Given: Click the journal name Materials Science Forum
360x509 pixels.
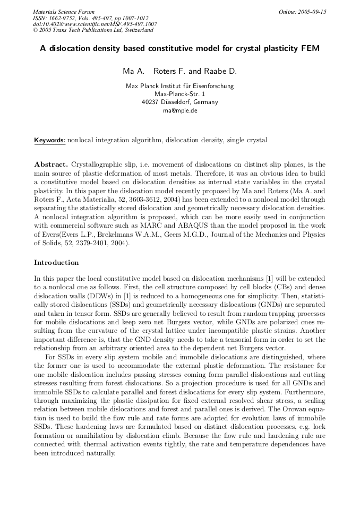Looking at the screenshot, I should pos(64,12).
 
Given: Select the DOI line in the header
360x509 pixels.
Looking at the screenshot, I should pos(95,24).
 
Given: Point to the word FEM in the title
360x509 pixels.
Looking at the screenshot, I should pos(310,48).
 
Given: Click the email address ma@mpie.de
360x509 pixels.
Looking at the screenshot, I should pos(180,110).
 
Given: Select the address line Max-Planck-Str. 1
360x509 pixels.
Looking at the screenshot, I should pos(179,94).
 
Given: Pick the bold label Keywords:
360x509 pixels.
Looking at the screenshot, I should pos(49,141).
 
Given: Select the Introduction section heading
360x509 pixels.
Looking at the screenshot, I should pos(56,262).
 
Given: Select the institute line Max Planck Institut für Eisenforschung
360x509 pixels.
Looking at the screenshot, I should pos(179,86).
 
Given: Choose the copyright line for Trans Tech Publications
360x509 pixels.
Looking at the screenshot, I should pos(93,30).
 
